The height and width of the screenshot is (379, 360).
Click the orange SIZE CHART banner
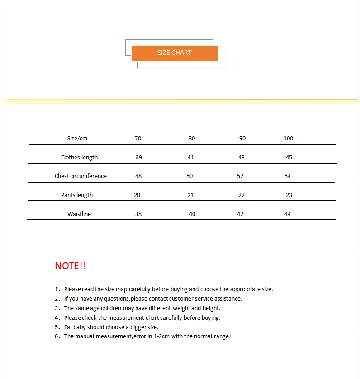(175, 53)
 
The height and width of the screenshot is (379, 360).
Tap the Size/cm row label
(77, 139)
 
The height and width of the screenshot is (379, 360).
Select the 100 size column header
(288, 139)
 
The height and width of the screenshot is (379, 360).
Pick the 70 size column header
(138, 139)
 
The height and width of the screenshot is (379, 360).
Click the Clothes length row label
(79, 158)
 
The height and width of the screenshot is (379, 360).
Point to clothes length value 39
(138, 158)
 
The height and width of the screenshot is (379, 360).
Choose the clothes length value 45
(289, 158)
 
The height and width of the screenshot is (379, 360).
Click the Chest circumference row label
(81, 176)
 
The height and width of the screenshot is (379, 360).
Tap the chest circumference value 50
(189, 176)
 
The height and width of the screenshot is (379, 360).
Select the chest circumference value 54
(288, 176)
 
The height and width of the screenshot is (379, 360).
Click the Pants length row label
(77, 195)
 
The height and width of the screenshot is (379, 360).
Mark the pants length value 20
(137, 195)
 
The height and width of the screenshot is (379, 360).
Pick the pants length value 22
(241, 195)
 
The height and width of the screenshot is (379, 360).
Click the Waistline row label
(79, 214)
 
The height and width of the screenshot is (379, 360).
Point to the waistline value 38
(138, 214)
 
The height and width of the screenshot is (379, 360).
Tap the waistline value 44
(288, 214)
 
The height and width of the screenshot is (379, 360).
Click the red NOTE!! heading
(70, 266)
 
